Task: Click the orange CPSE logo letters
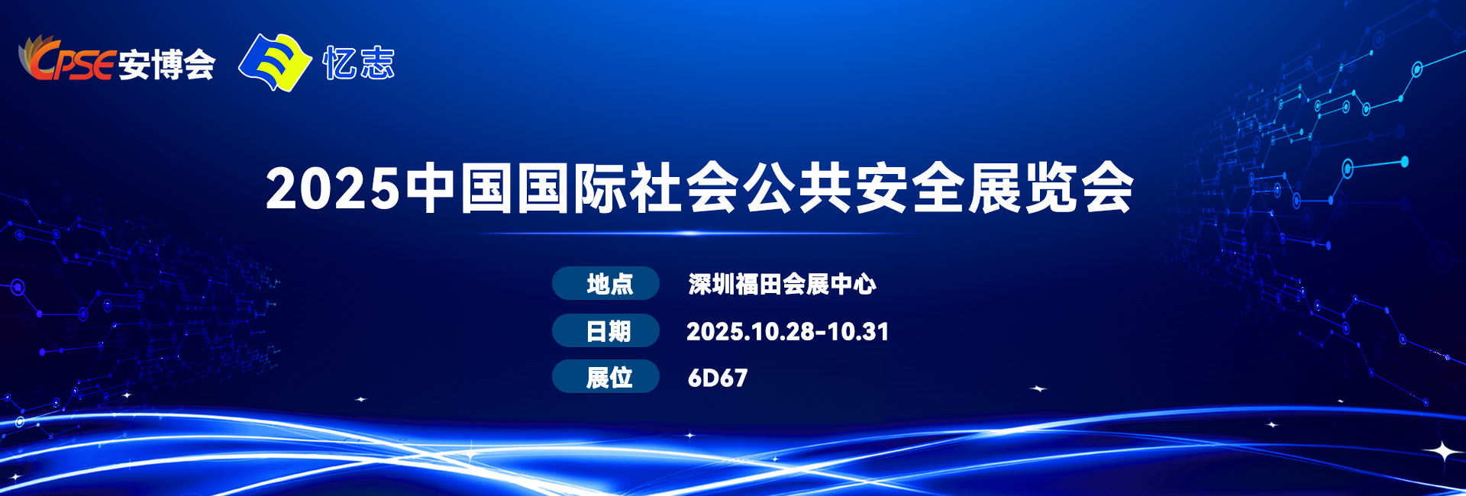[x=67, y=60]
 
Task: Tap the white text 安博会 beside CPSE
[x=167, y=64]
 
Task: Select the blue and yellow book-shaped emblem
[x=275, y=63]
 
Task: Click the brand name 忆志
[x=359, y=63]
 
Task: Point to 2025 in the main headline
[x=332, y=188]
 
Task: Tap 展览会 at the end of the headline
[x=1051, y=188]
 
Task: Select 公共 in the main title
[x=799, y=188]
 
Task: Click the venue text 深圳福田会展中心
[x=782, y=284]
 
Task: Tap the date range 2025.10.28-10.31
[x=787, y=331]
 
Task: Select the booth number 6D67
[x=718, y=378]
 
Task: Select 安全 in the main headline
[x=911, y=188]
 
